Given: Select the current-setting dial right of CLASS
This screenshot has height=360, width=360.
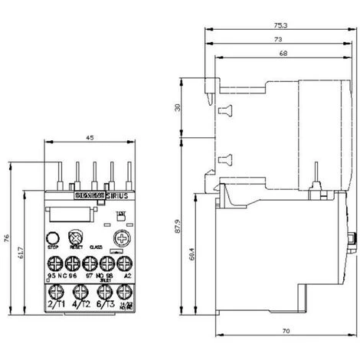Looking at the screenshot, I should point(118,238).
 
